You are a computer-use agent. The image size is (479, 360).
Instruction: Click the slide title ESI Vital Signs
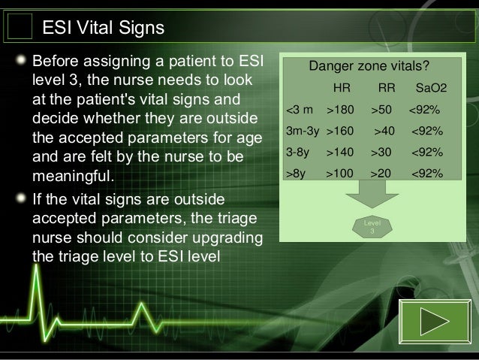click(103, 28)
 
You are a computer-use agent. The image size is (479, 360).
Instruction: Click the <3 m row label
click(300, 110)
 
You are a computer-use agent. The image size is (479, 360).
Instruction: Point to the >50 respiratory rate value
click(382, 110)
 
